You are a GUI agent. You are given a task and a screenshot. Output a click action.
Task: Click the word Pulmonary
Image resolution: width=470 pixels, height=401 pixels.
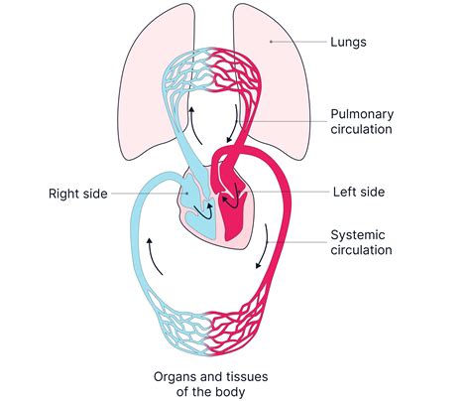click(362, 113)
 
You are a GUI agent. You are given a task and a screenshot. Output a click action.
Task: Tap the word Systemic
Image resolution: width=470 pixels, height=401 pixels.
click(358, 234)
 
